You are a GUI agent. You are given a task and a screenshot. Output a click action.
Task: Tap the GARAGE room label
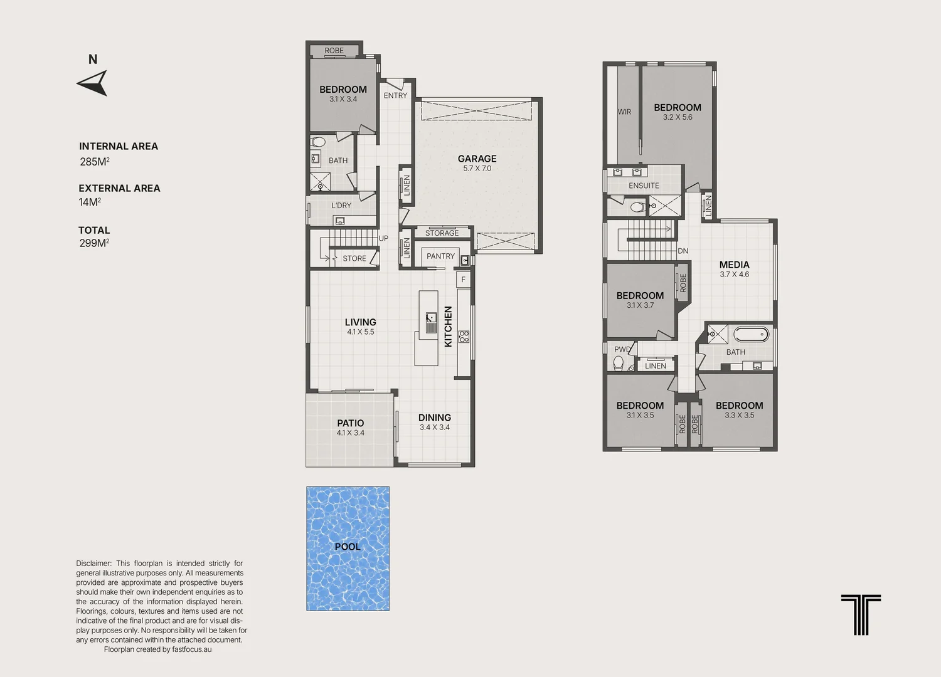tap(477, 159)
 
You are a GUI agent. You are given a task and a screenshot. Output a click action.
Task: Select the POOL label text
tap(348, 547)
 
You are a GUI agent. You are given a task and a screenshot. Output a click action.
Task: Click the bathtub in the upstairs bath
tap(751, 335)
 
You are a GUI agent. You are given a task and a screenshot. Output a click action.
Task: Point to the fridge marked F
tap(464, 280)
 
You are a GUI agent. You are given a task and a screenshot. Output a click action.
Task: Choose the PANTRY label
tap(440, 256)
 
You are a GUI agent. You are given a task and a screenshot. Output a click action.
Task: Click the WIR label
tap(624, 112)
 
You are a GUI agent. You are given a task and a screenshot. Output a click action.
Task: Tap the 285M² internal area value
tap(95, 162)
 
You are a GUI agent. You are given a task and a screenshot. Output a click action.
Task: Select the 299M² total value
tap(94, 243)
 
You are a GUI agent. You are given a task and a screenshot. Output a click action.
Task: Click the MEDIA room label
tap(735, 265)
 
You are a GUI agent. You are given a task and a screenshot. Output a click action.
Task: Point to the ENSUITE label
tap(644, 186)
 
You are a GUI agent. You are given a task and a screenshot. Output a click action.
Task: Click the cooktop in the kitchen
tap(464, 337)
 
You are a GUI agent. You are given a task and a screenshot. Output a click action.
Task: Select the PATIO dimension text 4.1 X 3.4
tap(350, 433)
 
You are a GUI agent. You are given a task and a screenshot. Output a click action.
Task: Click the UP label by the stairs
tap(383, 238)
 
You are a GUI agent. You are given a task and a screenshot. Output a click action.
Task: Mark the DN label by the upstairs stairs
tap(683, 251)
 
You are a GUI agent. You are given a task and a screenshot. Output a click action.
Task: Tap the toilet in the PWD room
tap(619, 363)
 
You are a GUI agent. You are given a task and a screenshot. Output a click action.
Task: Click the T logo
tap(861, 614)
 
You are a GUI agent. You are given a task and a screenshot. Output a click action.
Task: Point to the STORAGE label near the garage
tap(442, 233)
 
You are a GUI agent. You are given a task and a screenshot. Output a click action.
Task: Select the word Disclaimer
tap(93, 564)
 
